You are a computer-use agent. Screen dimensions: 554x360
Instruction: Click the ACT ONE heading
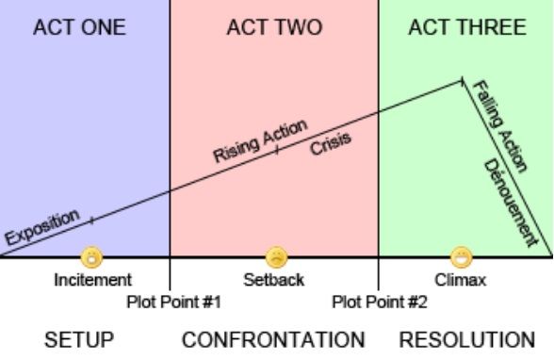point(79,27)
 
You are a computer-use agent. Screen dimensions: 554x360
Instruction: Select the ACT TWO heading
point(274,27)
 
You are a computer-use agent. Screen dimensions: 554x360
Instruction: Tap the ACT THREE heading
point(467,27)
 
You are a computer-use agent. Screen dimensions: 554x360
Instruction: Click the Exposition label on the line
point(42,227)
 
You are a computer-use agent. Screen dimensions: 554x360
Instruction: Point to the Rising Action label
point(260,141)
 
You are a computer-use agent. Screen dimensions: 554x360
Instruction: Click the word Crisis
point(331,144)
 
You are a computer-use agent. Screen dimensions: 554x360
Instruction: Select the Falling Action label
point(499,126)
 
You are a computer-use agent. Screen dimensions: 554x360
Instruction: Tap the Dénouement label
point(511,203)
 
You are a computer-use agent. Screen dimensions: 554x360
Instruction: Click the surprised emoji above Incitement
point(92,257)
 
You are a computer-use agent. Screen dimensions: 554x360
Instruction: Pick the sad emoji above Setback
point(276,257)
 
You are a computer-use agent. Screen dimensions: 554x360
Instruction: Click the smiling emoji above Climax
point(462,257)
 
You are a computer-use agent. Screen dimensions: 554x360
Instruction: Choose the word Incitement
point(92,280)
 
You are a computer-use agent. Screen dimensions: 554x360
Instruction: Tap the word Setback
point(274,280)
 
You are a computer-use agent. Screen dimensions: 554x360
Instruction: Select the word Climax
point(461,280)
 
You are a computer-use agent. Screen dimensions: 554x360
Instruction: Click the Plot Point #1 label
point(173,303)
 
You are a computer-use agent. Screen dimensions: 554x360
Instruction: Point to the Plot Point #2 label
point(380,303)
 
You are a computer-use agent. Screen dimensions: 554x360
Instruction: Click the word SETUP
point(79,339)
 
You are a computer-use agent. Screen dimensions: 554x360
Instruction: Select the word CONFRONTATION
point(273,339)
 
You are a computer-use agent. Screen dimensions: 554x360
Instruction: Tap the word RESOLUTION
point(466,339)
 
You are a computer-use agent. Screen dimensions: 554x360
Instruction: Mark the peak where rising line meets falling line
point(462,81)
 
